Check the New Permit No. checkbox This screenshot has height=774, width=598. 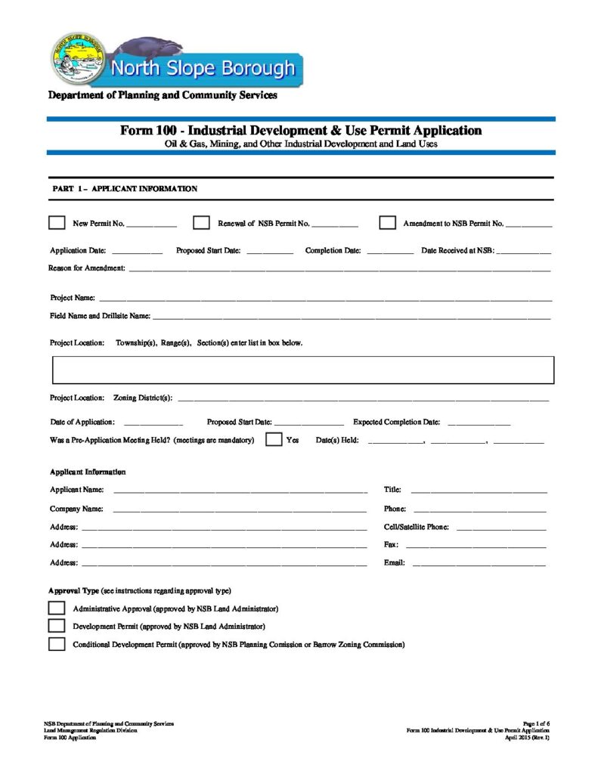coord(57,223)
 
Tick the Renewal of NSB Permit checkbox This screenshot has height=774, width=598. coord(201,223)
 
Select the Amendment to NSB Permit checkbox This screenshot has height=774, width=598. coord(387,223)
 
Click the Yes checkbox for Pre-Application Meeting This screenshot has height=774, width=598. coord(274,440)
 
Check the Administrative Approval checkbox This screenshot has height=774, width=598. coord(57,608)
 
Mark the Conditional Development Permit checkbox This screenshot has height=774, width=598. coord(57,644)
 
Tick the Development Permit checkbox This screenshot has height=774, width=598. coord(57,626)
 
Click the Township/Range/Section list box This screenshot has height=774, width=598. coord(302,370)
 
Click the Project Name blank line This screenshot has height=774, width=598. coord(325,299)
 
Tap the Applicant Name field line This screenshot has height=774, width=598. coord(240,492)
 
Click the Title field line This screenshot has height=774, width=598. coord(479,492)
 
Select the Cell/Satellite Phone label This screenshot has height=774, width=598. coord(417,527)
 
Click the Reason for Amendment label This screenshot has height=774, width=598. coord(88,269)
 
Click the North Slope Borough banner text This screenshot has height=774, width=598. coord(203,70)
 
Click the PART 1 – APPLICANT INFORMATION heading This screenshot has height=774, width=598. coord(124,188)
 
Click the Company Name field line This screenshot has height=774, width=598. coord(240,510)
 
